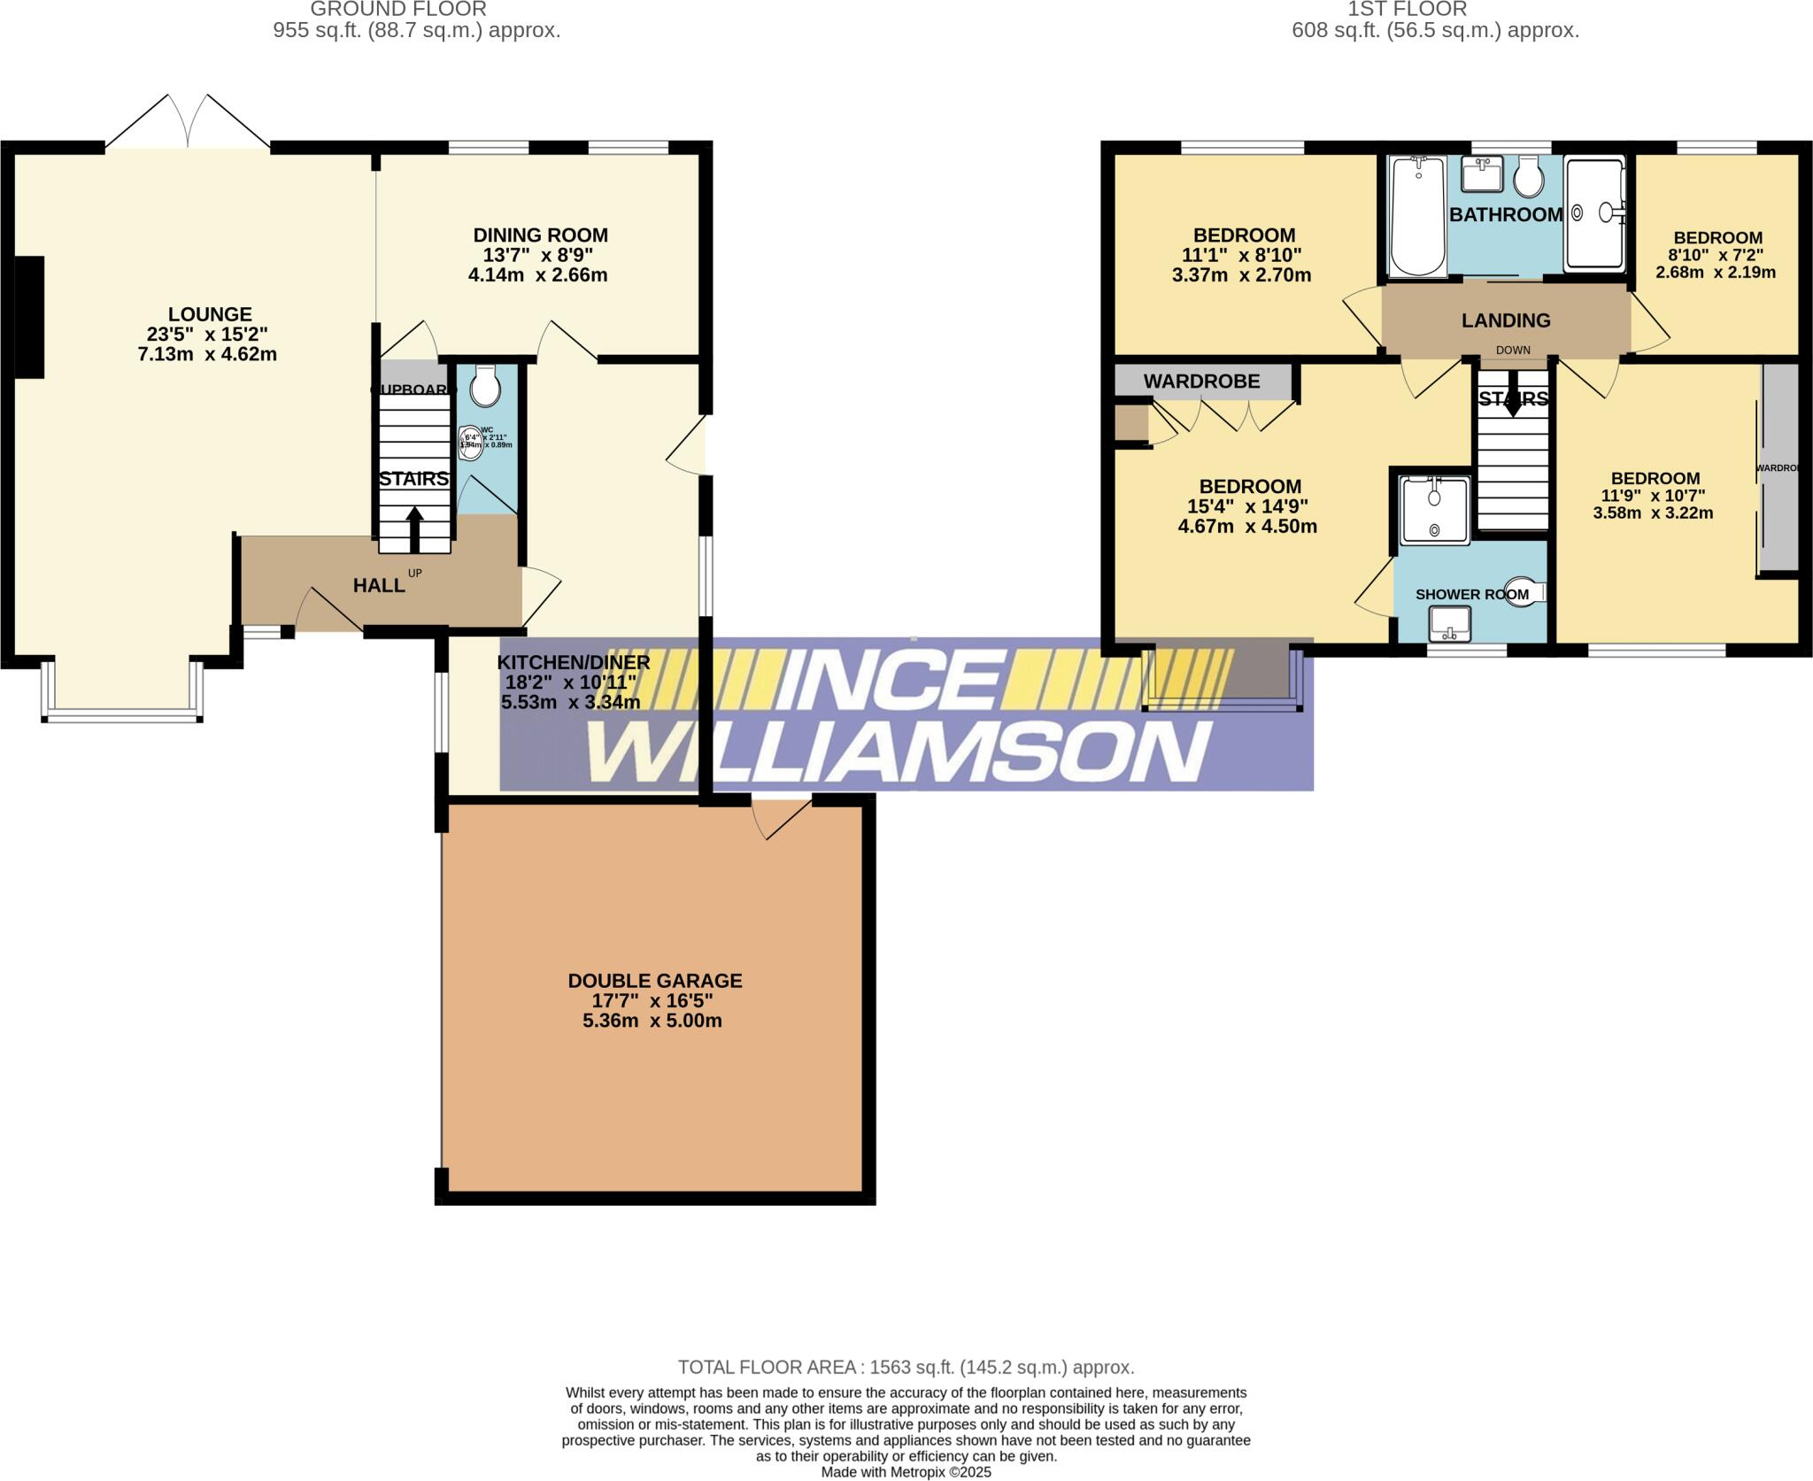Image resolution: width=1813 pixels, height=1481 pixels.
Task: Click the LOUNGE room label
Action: click(x=210, y=314)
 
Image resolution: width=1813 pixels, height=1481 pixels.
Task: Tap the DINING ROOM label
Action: click(x=540, y=235)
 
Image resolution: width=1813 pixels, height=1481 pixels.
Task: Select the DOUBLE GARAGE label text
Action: click(x=654, y=981)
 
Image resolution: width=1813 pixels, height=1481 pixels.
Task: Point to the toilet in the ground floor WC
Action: click(x=485, y=385)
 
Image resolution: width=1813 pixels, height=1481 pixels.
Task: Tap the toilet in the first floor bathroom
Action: click(x=1528, y=178)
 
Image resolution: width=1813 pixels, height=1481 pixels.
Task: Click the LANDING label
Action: click(x=1505, y=320)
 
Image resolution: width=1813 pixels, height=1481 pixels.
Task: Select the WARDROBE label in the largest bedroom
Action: click(x=1201, y=382)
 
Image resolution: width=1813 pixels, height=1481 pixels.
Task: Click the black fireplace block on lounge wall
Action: click(x=29, y=317)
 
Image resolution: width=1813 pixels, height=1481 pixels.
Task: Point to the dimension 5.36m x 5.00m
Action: click(x=652, y=1021)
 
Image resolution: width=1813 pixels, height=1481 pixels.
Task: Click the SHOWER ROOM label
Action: click(x=1471, y=594)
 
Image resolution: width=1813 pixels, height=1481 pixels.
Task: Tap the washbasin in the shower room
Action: click(x=1449, y=625)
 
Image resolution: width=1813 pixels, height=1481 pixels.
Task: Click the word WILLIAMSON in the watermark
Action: click(x=899, y=752)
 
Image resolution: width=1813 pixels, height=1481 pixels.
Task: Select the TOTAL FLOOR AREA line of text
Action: click(x=906, y=1367)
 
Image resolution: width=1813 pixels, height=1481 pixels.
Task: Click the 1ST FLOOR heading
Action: click(x=1407, y=10)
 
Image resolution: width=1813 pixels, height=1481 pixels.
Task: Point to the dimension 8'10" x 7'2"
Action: click(x=1717, y=255)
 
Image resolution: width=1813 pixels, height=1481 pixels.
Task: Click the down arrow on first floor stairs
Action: click(x=1513, y=404)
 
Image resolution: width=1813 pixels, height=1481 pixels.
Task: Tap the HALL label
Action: click(x=379, y=585)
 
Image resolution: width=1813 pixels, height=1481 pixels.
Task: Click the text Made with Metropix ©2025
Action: click(x=906, y=1472)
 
